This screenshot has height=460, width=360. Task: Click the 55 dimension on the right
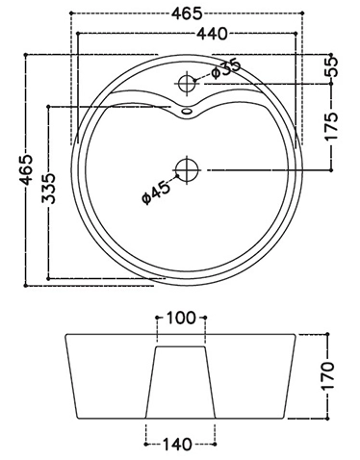(x=333, y=67)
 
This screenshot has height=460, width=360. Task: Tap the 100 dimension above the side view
(x=181, y=318)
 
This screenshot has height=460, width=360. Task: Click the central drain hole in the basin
(x=186, y=169)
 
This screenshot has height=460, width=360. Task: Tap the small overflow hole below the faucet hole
(x=187, y=112)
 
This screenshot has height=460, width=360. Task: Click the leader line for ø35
(x=204, y=75)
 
